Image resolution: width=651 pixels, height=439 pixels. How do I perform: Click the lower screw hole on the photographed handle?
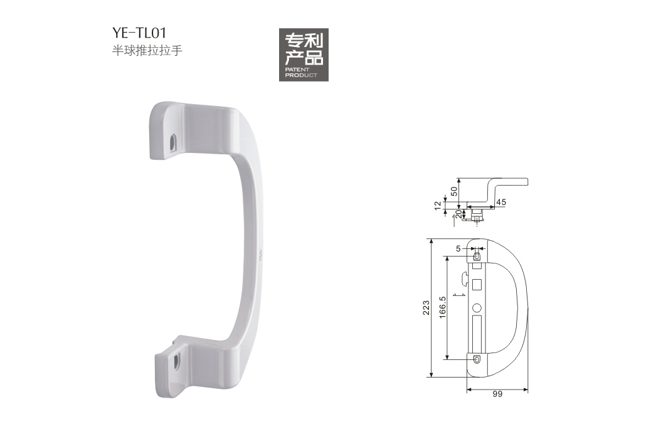pyautogui.click(x=176, y=361)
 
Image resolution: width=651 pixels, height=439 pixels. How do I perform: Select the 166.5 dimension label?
pyautogui.click(x=443, y=307)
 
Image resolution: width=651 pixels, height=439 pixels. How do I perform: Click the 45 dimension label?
pyautogui.click(x=501, y=202)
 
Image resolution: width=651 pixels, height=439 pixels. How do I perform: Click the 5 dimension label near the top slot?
pyautogui.click(x=458, y=249)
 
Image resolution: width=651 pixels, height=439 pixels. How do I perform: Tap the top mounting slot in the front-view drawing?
pyautogui.click(x=477, y=256)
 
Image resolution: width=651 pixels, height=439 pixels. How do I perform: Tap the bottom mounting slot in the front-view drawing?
pyautogui.click(x=477, y=360)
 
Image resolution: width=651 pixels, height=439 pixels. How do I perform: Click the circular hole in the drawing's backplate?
pyautogui.click(x=477, y=309)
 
